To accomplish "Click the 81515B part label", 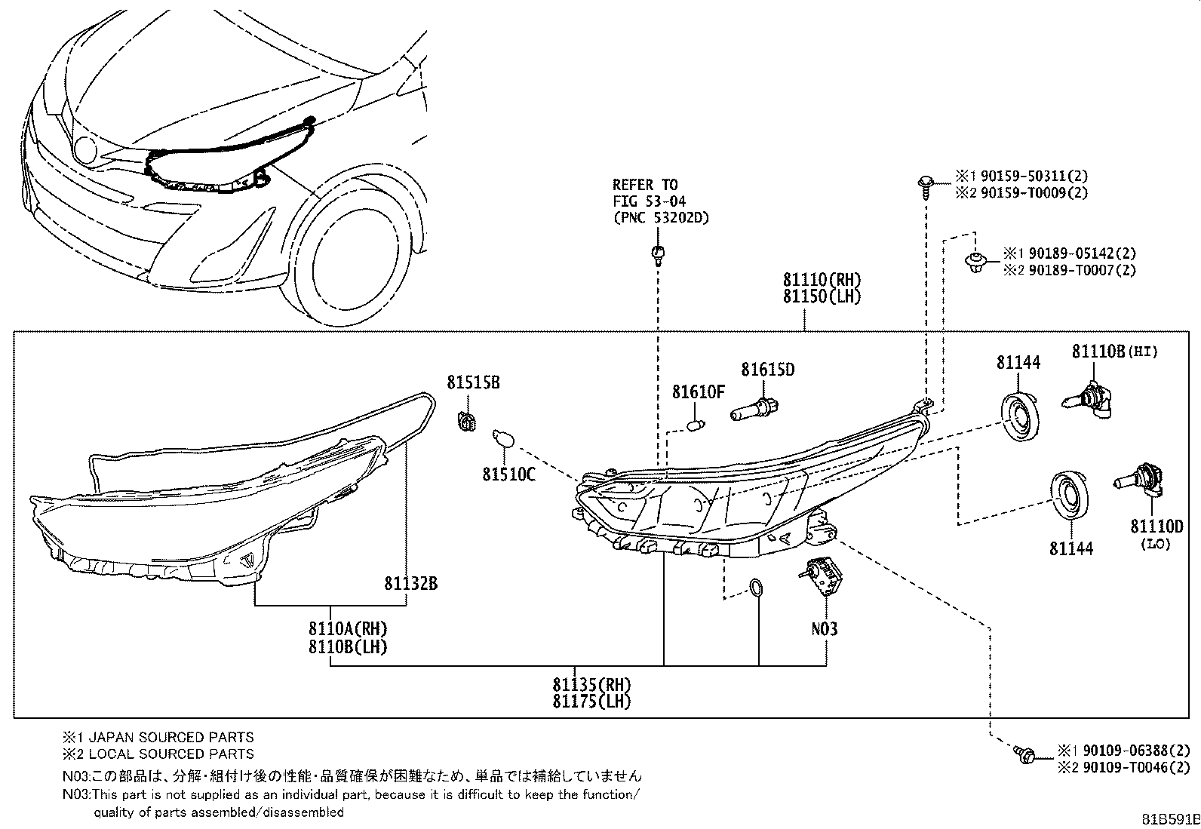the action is [474, 383].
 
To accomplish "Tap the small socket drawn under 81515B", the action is [466, 422].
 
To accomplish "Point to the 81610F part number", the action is [698, 392].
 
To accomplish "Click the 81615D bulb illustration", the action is [755, 410].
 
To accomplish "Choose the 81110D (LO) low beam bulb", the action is [1139, 478].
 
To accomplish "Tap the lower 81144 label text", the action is [1071, 548].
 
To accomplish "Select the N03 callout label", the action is [824, 629].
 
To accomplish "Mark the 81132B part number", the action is [410, 583].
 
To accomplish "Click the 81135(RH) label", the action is [592, 685].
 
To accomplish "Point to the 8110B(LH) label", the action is [348, 646].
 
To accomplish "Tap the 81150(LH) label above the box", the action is [822, 296].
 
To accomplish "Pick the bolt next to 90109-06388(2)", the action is [1024, 755].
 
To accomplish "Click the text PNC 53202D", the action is [662, 218].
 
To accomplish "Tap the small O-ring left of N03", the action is [755, 588].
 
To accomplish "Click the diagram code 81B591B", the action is [1170, 819].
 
